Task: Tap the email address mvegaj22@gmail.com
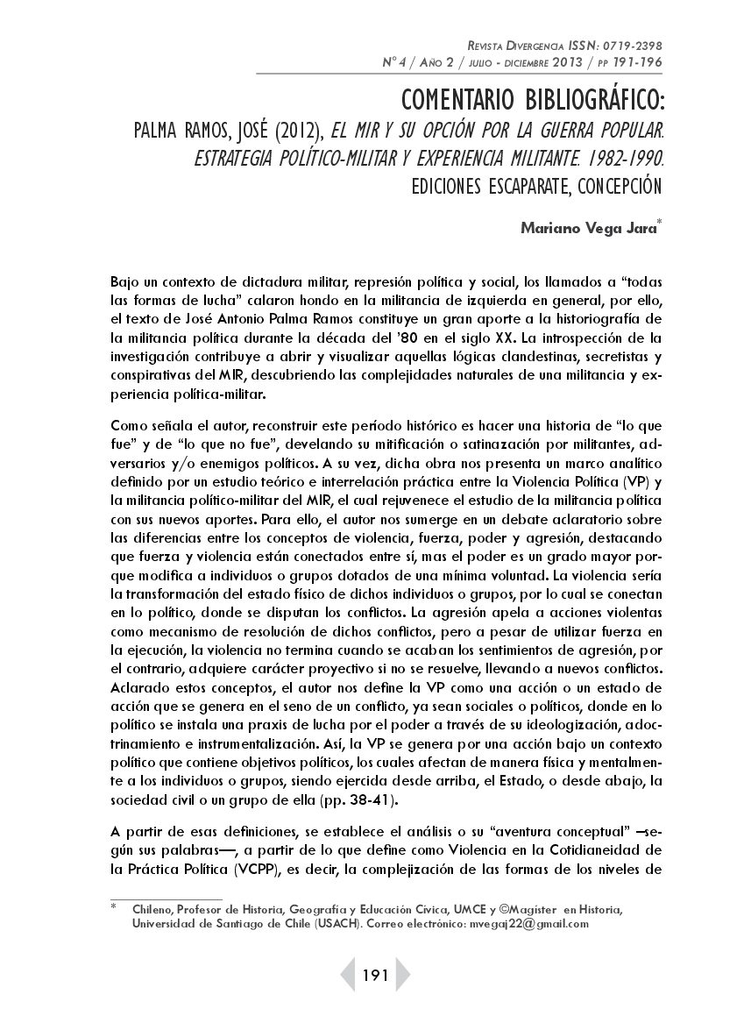(x=528, y=924)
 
